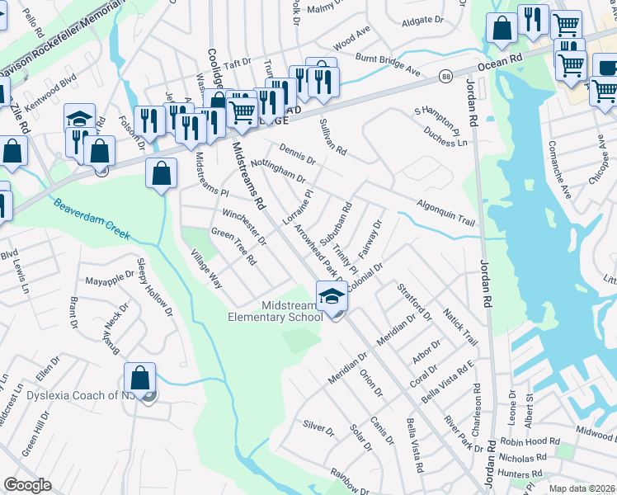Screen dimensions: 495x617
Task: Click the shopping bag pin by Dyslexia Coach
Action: (x=140, y=379)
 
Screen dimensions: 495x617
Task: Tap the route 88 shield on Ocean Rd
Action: (x=445, y=75)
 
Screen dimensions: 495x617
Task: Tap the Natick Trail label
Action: (x=460, y=328)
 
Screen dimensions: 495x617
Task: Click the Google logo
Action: (x=27, y=485)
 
